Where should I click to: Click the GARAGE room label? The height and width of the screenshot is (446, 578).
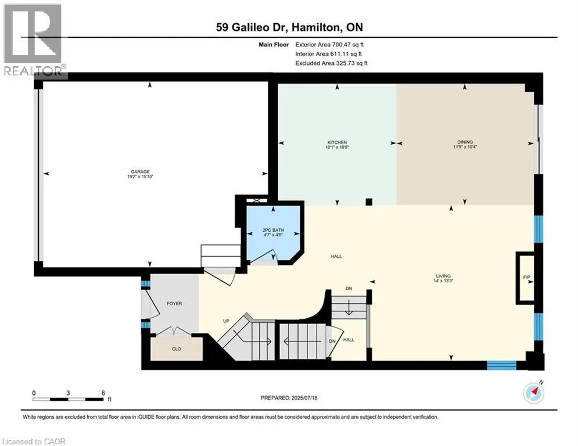[140, 171]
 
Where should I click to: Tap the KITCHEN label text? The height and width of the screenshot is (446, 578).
[337, 142]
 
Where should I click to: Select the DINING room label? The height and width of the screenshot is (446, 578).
[465, 142]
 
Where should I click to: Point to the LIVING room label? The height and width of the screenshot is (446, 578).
[443, 276]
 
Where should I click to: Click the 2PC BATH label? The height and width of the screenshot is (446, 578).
[273, 230]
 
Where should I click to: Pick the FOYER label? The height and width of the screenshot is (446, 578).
[174, 303]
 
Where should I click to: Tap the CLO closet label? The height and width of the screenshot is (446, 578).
[177, 348]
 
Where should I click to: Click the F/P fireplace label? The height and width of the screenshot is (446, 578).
[526, 277]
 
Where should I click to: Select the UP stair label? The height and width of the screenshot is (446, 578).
[227, 321]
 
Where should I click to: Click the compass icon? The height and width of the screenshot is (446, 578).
[533, 393]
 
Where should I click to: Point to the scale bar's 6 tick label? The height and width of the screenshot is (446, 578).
[103, 393]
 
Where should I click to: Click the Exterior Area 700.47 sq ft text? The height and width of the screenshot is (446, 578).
[329, 45]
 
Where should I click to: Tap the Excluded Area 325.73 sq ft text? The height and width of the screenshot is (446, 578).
[331, 63]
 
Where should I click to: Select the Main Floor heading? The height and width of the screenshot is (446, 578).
[274, 45]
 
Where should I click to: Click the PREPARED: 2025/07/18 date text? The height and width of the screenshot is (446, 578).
[289, 398]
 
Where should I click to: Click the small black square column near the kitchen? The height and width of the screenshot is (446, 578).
[369, 202]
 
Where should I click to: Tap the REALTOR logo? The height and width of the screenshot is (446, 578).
[34, 40]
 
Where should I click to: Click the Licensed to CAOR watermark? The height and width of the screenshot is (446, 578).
[34, 441]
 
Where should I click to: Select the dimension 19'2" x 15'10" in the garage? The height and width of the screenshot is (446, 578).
[140, 177]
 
